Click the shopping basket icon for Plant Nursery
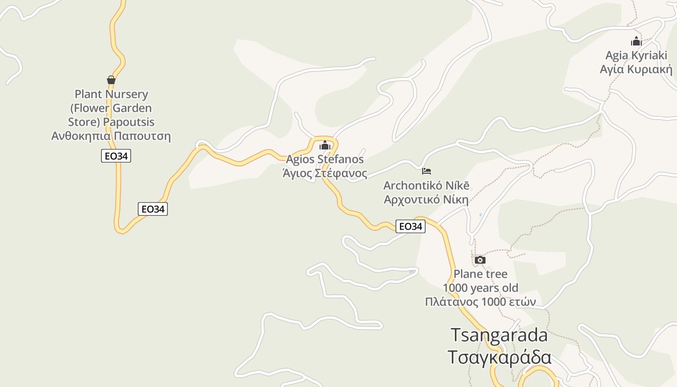111,80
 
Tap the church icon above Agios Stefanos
325,145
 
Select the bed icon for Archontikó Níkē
427,171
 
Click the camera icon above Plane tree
480,260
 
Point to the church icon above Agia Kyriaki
636,41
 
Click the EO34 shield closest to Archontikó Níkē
410,226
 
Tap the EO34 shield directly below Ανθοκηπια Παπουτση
116,156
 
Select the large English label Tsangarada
499,335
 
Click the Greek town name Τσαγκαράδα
499,357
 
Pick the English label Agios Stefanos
325,159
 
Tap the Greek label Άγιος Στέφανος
325,173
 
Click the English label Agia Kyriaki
636,55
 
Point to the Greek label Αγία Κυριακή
636,69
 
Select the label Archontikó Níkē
427,185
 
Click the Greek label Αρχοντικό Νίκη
427,199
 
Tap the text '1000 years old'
480,288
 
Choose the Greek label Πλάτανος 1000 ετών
480,302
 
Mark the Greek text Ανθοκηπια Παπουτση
111,136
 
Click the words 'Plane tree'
480,274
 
